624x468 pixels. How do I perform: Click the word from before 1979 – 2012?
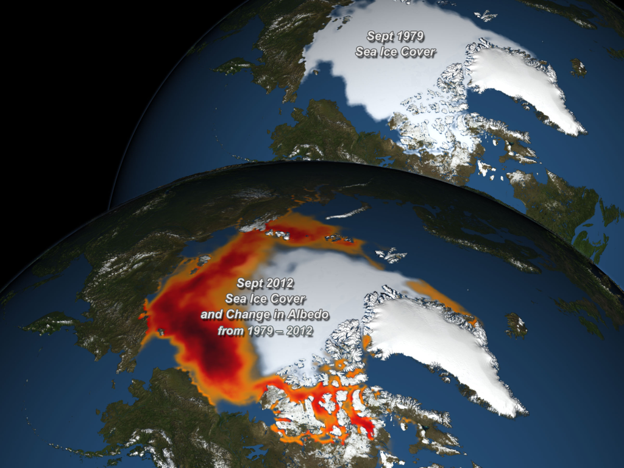coord(232,331)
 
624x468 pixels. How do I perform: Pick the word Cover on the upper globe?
coord(419,52)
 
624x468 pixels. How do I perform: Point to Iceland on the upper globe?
coord(578,66)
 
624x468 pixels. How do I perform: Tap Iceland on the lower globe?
coord(516,325)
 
